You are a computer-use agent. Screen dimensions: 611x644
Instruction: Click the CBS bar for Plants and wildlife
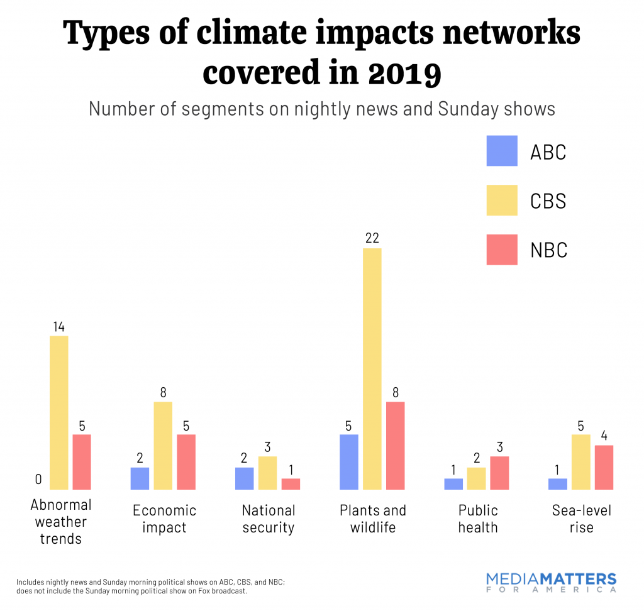pos(372,368)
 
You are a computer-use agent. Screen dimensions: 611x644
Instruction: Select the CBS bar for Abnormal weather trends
pos(58,412)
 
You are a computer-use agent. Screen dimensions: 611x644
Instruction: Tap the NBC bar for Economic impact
pos(186,461)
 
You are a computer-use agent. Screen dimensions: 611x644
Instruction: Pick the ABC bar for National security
pos(244,478)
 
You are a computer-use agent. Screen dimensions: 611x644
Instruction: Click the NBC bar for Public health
pos(499,473)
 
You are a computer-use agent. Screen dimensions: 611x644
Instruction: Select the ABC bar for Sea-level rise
pos(557,483)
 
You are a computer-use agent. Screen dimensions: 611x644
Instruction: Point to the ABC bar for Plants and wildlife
pos(348,461)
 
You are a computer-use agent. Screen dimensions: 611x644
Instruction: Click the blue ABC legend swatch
pos(501,151)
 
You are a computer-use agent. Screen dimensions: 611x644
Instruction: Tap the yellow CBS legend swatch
pos(501,200)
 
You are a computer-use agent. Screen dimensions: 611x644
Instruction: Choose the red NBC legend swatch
pos(501,250)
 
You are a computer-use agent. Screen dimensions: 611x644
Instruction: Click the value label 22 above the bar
pos(372,238)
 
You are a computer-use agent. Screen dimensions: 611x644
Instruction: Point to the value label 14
pos(58,326)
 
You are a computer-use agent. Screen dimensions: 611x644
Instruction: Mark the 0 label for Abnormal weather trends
pos(38,480)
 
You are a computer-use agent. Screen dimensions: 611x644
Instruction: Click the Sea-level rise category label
pos(581,519)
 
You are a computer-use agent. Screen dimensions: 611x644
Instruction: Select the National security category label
pos(268,519)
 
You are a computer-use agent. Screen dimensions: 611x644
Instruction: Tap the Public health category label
pos(478,519)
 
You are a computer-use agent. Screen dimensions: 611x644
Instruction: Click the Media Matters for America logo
pos(552,583)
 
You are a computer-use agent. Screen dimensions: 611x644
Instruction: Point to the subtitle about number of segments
pos(321,108)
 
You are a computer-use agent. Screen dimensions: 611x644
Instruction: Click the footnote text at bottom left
pos(151,586)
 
